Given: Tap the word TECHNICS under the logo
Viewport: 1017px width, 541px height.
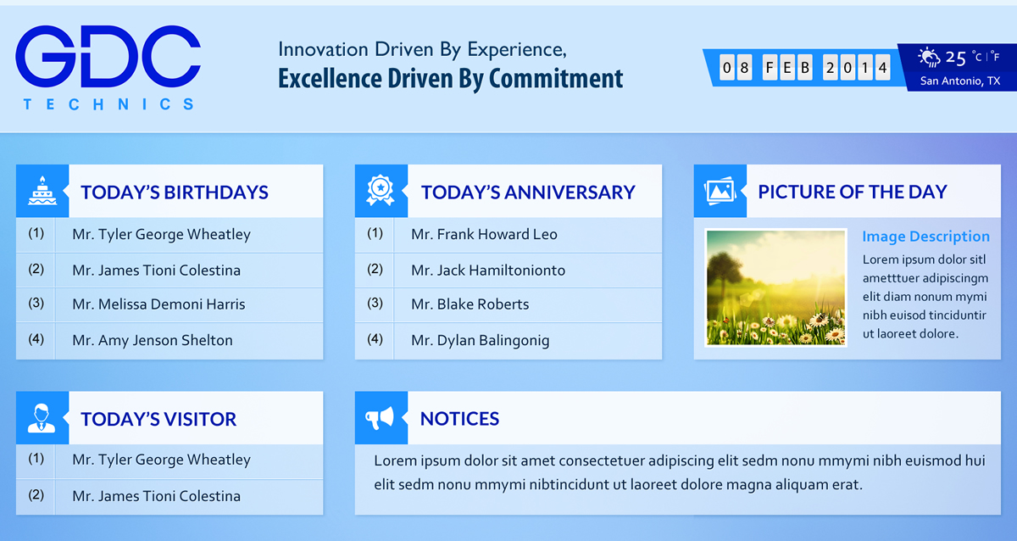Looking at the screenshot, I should click(x=108, y=104).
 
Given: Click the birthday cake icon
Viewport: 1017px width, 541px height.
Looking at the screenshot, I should click(x=42, y=191).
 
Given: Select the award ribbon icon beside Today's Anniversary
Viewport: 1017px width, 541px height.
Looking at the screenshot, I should click(x=381, y=191).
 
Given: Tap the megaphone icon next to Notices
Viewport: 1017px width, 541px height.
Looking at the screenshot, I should click(x=381, y=417).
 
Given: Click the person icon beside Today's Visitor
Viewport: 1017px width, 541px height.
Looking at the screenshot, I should click(x=42, y=417).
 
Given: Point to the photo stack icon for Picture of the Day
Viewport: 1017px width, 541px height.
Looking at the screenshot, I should click(x=720, y=191).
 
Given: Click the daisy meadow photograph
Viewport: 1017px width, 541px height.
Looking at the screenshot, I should click(x=775, y=287).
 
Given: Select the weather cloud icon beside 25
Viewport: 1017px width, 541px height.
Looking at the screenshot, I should click(x=931, y=58).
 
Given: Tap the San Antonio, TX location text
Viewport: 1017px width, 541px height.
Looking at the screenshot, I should click(x=960, y=81).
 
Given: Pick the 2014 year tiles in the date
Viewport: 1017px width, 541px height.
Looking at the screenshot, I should click(x=857, y=67).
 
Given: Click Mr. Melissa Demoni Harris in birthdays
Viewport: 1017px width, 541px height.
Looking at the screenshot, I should click(x=158, y=304).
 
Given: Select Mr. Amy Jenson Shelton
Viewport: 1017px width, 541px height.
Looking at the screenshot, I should click(x=153, y=340).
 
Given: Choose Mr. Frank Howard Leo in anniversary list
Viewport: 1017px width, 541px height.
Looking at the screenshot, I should click(x=484, y=234).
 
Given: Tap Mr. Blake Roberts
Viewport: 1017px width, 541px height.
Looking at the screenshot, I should click(x=470, y=304).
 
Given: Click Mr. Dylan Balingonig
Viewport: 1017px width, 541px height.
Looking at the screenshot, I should click(x=480, y=340).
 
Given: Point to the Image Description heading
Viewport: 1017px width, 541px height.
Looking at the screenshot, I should click(x=925, y=237).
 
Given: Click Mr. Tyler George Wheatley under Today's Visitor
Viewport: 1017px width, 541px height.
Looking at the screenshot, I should click(x=161, y=460).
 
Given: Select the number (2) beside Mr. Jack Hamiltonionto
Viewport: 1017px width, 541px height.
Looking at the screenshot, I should click(x=375, y=269).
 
